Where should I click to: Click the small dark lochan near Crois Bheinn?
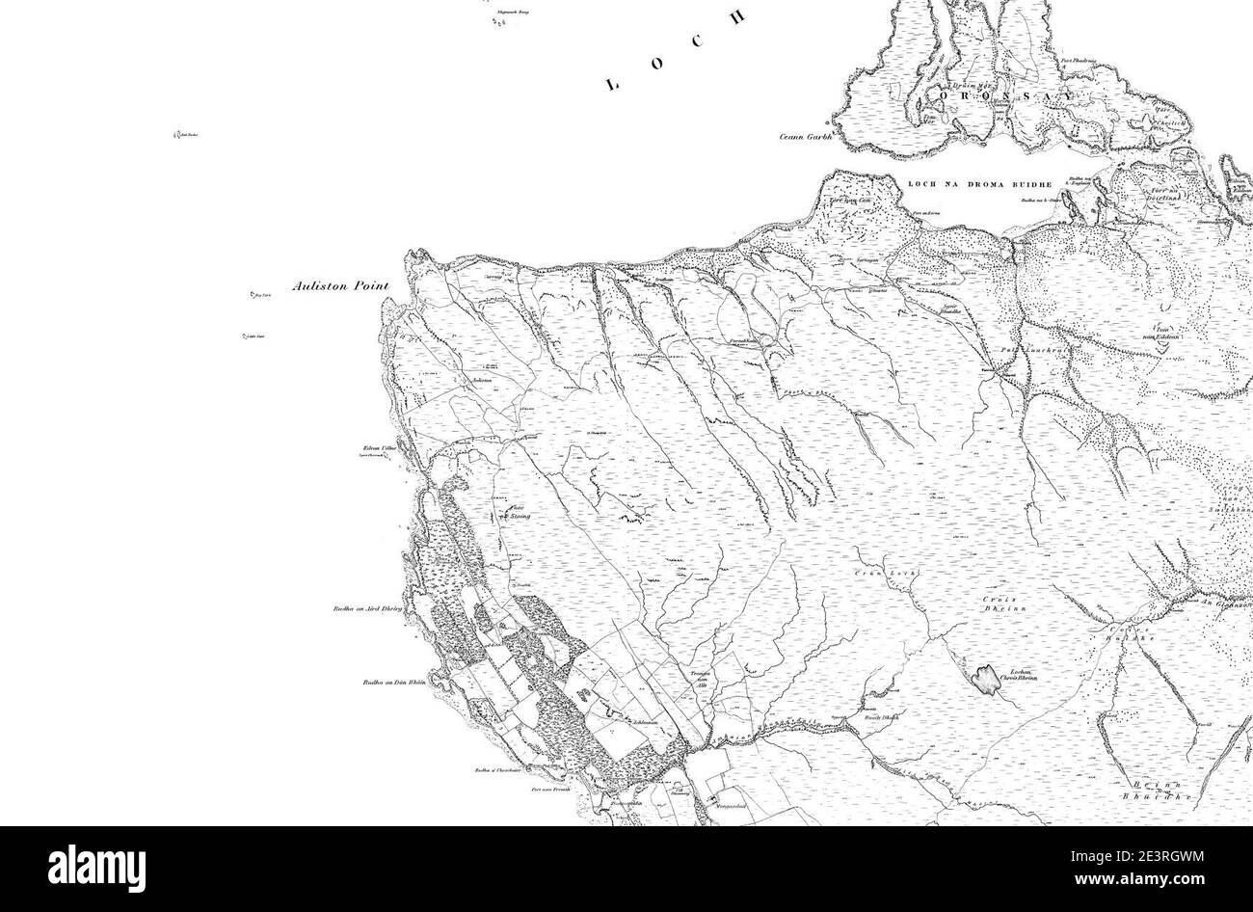pos(985,681)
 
